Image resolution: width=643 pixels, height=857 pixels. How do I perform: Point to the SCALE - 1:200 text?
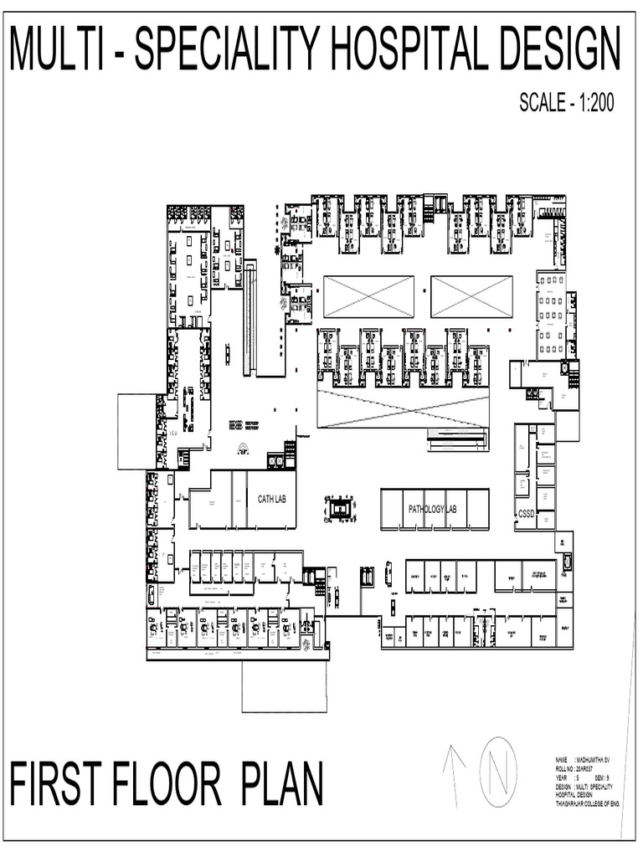coord(567,103)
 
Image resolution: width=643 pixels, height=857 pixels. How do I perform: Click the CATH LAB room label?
coord(272,499)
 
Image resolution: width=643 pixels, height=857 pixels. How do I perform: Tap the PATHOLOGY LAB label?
coord(432,509)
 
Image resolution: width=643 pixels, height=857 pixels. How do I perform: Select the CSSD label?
coord(526,513)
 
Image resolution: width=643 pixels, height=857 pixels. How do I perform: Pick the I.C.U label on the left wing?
coord(173,434)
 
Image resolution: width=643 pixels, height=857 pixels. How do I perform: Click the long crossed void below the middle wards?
coord(403,408)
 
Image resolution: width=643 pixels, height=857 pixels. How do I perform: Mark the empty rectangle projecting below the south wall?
coord(284,685)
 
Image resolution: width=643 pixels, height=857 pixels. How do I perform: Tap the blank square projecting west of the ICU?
coord(136,432)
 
